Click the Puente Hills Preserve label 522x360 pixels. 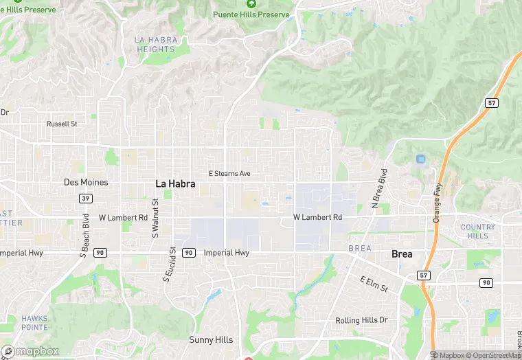[251, 14]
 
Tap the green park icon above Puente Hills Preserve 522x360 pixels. [251, 3]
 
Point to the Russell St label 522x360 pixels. [62, 124]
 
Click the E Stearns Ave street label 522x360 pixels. [230, 174]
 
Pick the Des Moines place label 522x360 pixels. [86, 182]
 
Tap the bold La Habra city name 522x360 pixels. [175, 183]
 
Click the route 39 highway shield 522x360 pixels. [85, 199]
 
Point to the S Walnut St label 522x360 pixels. [155, 218]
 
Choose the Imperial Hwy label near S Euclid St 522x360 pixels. [227, 253]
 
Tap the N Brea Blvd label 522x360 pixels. [379, 188]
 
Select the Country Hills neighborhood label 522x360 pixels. [477, 232]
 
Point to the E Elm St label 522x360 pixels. [375, 284]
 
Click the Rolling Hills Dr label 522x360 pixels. [361, 321]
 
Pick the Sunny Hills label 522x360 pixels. [211, 340]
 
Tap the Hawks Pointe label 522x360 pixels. [34, 323]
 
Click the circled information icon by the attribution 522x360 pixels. [434, 355]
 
